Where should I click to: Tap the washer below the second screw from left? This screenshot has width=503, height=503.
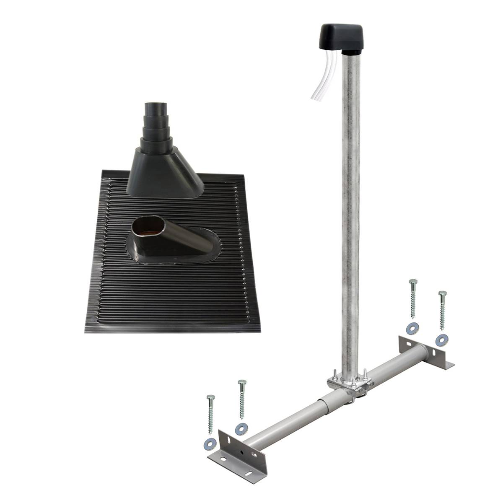[x=241, y=428]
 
